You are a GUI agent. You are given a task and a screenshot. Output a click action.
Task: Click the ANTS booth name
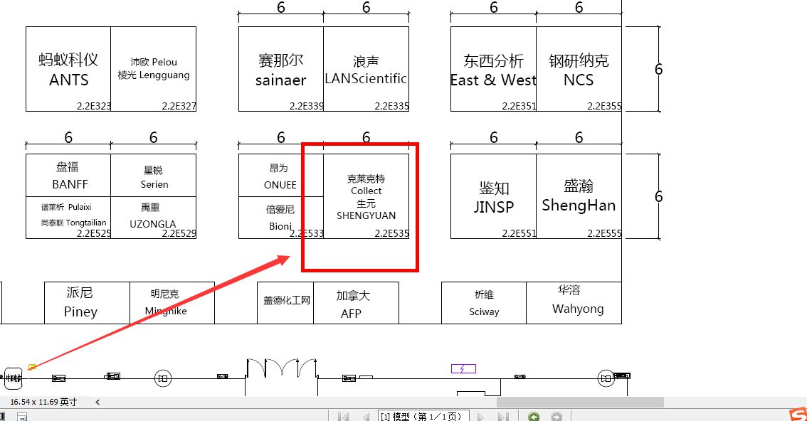[69, 80]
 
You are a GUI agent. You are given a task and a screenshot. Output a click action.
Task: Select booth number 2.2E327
[179, 106]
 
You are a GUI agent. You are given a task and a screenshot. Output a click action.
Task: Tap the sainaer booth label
[280, 80]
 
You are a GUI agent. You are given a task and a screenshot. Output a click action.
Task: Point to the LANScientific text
[366, 78]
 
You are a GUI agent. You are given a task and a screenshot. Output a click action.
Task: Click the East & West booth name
[492, 80]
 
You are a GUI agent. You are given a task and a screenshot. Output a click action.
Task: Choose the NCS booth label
[579, 80]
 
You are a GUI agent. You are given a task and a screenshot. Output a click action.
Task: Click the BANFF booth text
[70, 184]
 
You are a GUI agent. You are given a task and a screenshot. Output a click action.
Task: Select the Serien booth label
[154, 184]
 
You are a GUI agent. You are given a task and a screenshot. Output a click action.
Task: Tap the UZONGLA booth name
[153, 223]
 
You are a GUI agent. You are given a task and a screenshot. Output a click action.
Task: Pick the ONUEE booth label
[280, 185]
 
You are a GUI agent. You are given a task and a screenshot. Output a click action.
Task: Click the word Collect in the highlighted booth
[366, 191]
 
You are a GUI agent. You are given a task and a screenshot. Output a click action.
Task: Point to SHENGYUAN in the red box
[366, 215]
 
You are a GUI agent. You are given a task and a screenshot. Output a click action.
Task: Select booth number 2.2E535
[391, 233]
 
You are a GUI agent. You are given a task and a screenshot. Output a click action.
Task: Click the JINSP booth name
[494, 207]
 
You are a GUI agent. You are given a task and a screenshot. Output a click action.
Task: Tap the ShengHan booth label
[579, 206]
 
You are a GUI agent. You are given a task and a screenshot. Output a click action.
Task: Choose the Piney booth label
[80, 311]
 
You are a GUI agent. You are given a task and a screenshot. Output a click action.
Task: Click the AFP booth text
[351, 314]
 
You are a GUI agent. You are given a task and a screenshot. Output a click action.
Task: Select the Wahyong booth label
[578, 309]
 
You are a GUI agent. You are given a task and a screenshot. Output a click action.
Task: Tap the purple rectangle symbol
[463, 368]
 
